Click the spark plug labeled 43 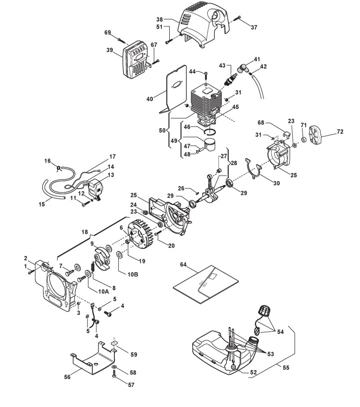[231, 79]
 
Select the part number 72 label [340, 132]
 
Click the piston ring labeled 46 [210, 131]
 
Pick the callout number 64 [183, 264]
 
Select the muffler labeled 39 [136, 60]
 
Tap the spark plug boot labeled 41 [243, 68]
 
